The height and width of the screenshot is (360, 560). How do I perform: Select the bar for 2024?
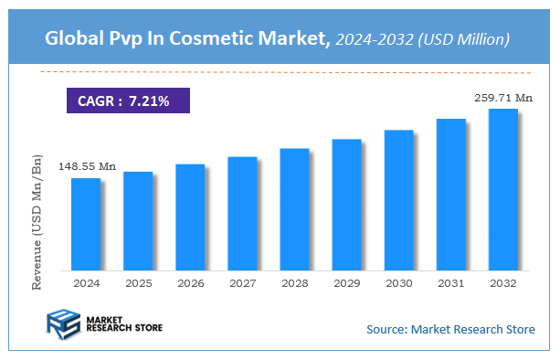86,224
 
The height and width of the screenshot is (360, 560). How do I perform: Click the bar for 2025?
138,220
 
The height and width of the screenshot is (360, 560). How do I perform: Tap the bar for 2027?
242,213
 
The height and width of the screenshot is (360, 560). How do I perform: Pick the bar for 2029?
346,205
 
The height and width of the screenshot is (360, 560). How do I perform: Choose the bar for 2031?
451,194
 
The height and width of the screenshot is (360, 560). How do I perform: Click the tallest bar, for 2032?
503,189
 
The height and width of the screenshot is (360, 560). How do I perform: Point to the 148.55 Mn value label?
88,166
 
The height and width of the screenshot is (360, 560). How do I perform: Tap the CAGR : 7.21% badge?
127,100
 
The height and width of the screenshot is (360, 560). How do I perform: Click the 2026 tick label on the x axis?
190,284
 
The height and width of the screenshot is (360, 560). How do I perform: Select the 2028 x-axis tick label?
294,284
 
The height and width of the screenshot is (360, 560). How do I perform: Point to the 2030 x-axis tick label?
399,284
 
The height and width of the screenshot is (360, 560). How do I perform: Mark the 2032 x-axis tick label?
503,284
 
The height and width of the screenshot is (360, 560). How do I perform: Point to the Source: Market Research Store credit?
450,329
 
